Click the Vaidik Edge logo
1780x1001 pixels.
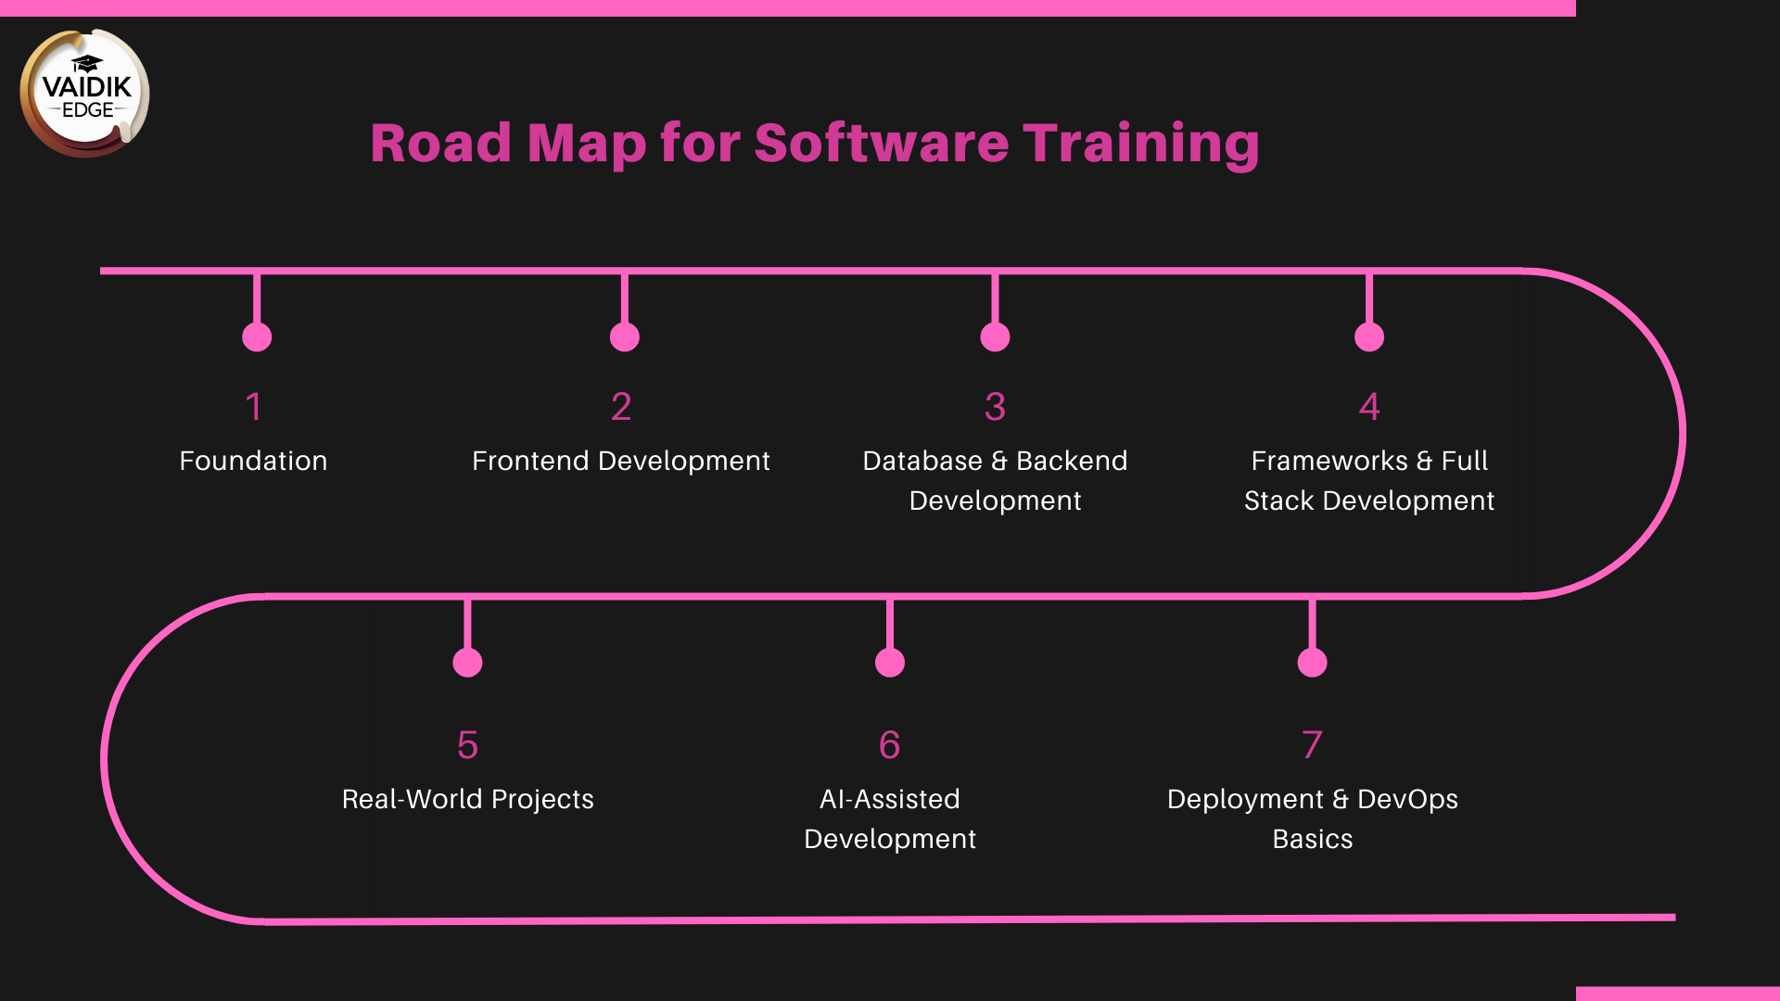coord(85,93)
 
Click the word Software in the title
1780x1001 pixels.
coord(881,144)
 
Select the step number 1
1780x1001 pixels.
coord(254,407)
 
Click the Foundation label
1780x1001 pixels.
coord(253,461)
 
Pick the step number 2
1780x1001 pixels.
coord(621,407)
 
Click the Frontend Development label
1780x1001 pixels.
coord(620,461)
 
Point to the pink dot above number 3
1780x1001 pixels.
coord(995,337)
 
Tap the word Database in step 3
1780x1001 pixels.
coord(922,461)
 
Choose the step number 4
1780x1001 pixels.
coord(1369,407)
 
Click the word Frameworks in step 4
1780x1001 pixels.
coord(1329,461)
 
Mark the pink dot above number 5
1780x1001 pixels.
coord(467,663)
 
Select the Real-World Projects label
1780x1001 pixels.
coord(467,799)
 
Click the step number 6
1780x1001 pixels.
coord(889,745)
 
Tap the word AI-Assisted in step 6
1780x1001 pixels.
coord(889,799)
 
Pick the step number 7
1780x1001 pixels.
coord(1312,745)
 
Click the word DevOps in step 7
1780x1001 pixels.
coord(1407,799)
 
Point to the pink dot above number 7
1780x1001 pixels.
coord(1312,663)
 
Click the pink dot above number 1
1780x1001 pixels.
coord(257,337)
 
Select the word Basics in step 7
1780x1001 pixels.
coord(1312,839)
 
